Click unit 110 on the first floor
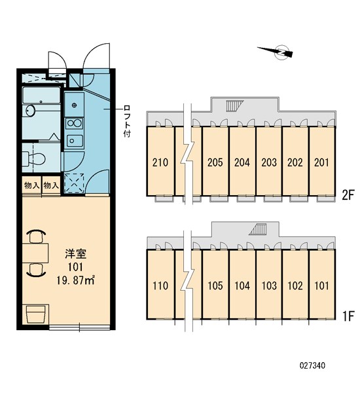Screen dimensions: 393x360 click(160, 286)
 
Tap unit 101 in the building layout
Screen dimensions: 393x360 click(321, 286)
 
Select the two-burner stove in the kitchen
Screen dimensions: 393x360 click(75, 122)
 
